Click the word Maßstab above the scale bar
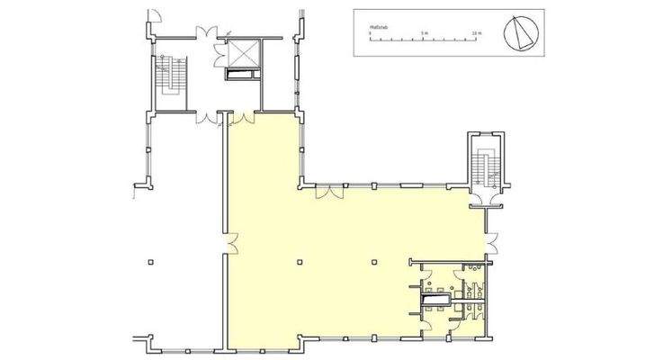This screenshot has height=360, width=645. coord(378,28)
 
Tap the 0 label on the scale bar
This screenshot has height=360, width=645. coord(370,33)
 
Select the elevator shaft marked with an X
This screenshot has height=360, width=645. coord(243,54)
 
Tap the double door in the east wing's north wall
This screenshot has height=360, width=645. coord(329,190)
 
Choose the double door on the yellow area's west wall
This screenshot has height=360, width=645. coord(231,243)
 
